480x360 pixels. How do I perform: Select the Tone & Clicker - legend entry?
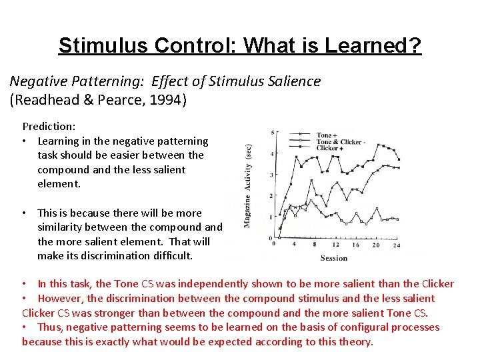point(339,142)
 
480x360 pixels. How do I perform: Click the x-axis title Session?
point(333,257)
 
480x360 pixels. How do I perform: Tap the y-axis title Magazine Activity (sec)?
point(247,186)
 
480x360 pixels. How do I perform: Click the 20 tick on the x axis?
point(375,245)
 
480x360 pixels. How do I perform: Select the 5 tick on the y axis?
point(272,133)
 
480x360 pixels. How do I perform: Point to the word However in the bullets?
point(60,298)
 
